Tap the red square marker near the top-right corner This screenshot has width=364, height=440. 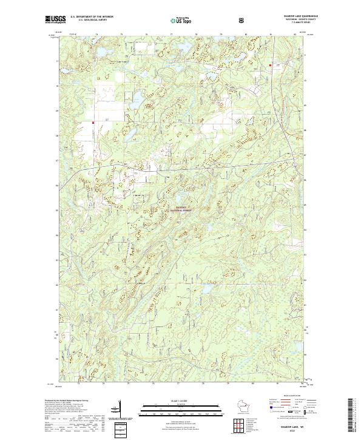(269, 63)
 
